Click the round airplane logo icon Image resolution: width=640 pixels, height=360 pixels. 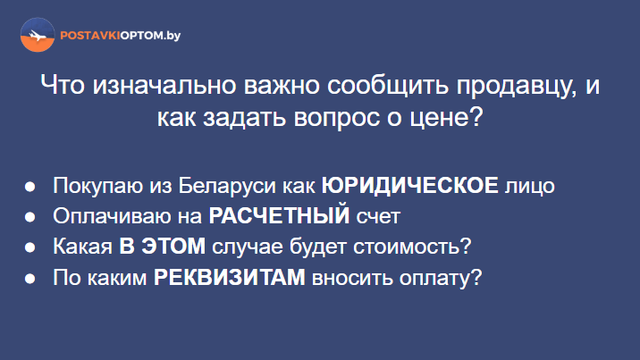38,35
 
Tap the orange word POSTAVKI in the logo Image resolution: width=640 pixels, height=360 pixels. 90,36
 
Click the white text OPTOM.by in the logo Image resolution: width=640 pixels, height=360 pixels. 150,36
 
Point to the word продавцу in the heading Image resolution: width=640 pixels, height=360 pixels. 516,87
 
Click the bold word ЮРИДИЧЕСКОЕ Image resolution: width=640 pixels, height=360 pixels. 409,186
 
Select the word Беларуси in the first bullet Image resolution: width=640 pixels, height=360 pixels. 227,186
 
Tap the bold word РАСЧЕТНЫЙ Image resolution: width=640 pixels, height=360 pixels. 279,215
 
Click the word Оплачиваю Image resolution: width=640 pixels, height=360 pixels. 112,215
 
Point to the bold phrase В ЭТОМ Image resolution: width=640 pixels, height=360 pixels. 163,247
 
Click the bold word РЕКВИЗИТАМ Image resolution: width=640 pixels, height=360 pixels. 230,278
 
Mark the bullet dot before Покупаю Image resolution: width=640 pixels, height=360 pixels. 29,187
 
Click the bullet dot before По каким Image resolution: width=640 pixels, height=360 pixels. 29,279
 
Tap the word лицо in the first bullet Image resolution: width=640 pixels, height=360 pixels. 530,186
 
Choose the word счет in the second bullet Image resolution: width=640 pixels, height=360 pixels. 378,216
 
